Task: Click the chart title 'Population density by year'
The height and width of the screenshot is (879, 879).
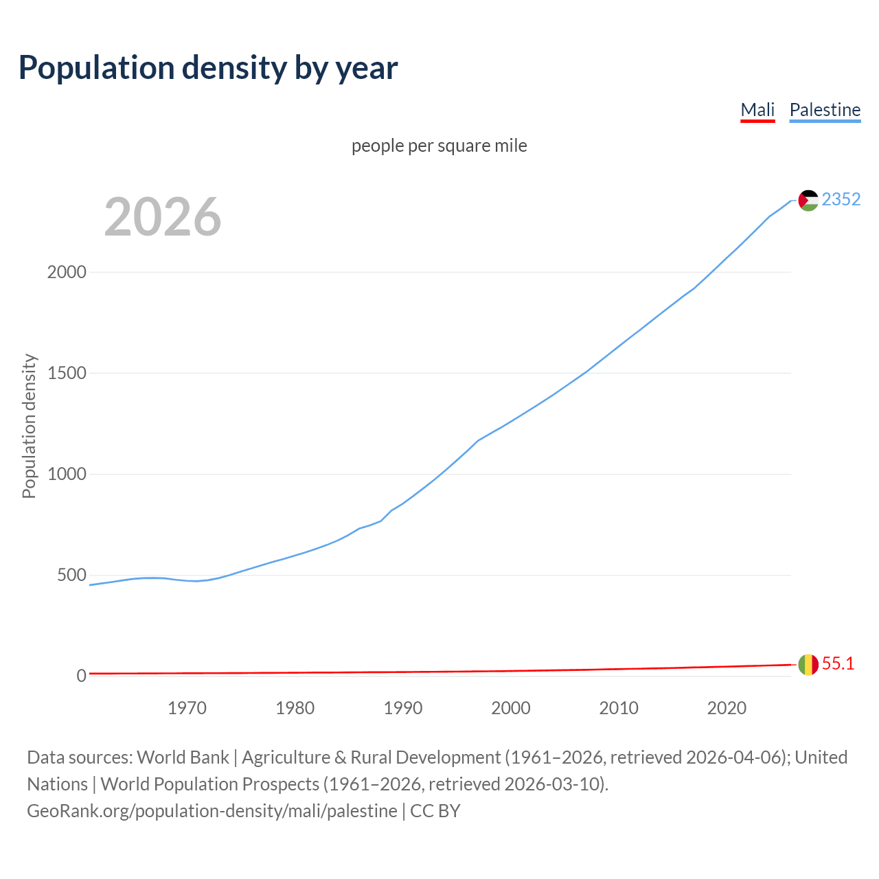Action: coord(208,67)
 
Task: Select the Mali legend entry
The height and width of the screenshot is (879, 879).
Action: coord(757,110)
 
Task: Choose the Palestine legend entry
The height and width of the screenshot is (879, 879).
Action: coord(825,110)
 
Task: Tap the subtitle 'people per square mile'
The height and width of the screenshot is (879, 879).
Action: coord(439,146)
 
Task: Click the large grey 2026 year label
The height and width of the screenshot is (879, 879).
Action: coord(163,217)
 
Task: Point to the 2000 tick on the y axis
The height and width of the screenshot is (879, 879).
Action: coord(67,272)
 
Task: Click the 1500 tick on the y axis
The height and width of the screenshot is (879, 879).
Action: coord(67,373)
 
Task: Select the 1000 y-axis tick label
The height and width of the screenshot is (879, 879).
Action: coord(67,474)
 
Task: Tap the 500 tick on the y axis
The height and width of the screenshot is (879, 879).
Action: coord(71,575)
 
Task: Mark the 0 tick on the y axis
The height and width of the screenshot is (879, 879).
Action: coord(82,676)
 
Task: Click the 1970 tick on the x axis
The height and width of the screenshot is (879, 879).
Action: coord(187,708)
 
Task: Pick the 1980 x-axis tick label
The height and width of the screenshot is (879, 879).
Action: coord(295,708)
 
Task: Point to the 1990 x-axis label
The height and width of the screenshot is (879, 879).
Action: coord(403,708)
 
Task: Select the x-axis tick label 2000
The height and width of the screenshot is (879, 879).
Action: coord(511,708)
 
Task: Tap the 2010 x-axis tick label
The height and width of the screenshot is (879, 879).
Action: coord(619,708)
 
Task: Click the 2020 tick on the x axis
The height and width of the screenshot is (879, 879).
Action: coord(727,708)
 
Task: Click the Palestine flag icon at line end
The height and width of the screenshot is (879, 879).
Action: coord(808,201)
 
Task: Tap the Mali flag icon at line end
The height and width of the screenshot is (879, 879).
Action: coord(808,665)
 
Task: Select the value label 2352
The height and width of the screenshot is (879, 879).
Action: coord(841,199)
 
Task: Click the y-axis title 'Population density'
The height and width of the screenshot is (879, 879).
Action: coord(29,426)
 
